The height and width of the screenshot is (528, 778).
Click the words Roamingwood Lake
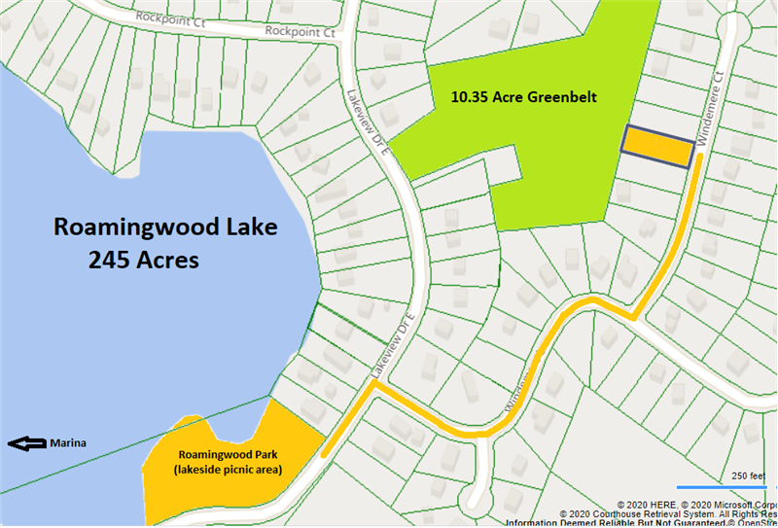[x=165, y=228]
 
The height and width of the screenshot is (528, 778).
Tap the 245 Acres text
[x=144, y=260]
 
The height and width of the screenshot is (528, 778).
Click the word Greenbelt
[x=562, y=97]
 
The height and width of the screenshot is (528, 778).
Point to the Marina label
[x=68, y=444]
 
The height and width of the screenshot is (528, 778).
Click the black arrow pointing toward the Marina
[x=26, y=444]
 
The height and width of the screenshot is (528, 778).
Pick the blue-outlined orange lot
[x=658, y=147]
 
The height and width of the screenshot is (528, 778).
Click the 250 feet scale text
[x=749, y=475]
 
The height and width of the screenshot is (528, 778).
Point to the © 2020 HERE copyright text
[x=647, y=505]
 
